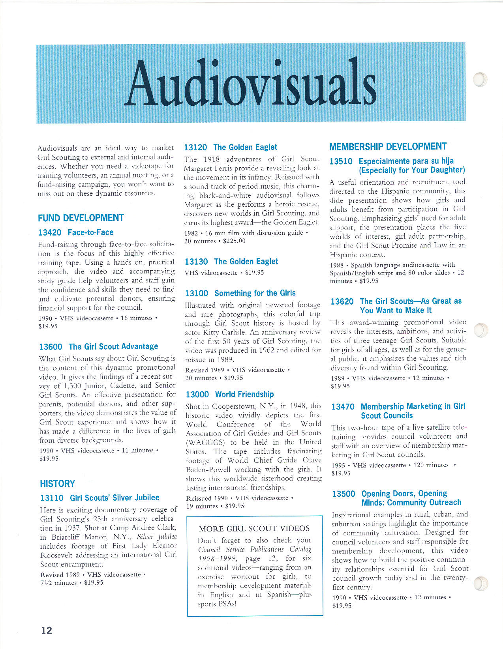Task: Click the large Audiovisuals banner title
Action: pyautogui.click(x=251, y=83)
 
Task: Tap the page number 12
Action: pyautogui.click(x=47, y=630)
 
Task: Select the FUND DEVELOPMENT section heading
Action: pyautogui.click(x=81, y=218)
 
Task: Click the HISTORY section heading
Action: pyautogui.click(x=57, y=484)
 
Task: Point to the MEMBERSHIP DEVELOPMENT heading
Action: pyautogui.click(x=388, y=147)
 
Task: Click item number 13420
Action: pyautogui.click(x=50, y=232)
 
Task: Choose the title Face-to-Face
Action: pyautogui.click(x=90, y=232)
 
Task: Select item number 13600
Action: pyautogui.click(x=51, y=347)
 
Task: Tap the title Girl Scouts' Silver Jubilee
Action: pyautogui.click(x=114, y=498)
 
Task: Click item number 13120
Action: pyautogui.click(x=195, y=148)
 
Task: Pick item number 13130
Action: pyautogui.click(x=196, y=262)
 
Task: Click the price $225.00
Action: pyautogui.click(x=234, y=241)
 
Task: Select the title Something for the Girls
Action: pyautogui.click(x=255, y=293)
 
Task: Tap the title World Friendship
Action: pyautogui.click(x=244, y=395)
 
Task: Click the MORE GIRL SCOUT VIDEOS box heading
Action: pyautogui.click(x=254, y=529)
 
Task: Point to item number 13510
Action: pyautogui.click(x=341, y=161)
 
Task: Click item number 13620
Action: pyautogui.click(x=342, y=302)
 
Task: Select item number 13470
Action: pyautogui.click(x=343, y=407)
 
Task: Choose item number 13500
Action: pyautogui.click(x=343, y=494)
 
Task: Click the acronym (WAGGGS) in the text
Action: pyautogui.click(x=205, y=442)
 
